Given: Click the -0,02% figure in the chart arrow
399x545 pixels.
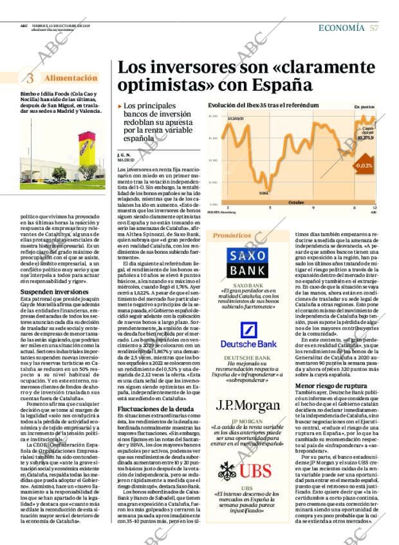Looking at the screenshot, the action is tap(362, 166).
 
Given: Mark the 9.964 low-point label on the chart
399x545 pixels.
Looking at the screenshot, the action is tap(263, 193).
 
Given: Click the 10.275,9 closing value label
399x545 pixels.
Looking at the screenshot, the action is tap(365, 137).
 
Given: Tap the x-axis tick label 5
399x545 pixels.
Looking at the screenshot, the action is tap(270, 207).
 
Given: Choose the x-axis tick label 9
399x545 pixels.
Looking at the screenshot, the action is tap(313, 207).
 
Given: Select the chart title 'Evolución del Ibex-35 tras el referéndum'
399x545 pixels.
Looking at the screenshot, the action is tap(263, 104).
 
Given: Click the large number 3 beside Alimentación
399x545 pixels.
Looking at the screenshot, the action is tap(30, 79).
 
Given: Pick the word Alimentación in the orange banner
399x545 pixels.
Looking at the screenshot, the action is tap(71, 78).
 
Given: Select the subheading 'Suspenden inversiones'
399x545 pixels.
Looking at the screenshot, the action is tap(46, 292).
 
